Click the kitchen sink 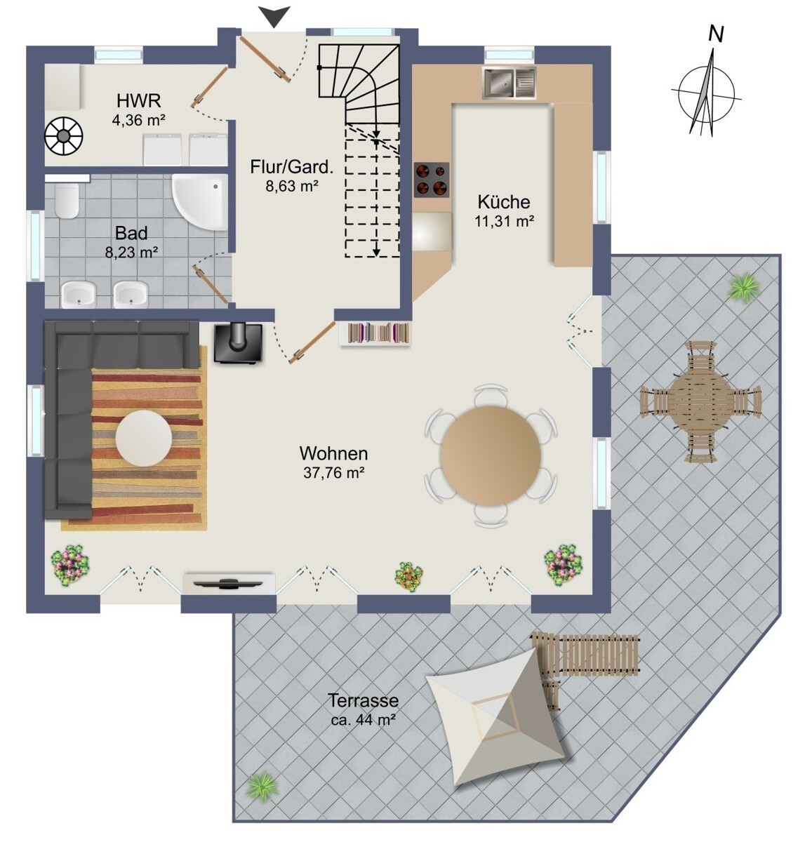[x=509, y=82]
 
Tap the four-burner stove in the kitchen [x=432, y=180]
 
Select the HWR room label [x=138, y=101]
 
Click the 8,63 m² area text [x=292, y=186]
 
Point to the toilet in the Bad [x=67, y=200]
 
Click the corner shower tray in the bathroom [x=201, y=203]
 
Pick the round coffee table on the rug [x=144, y=438]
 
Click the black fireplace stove [x=238, y=343]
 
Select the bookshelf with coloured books [x=374, y=333]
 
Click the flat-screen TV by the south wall [x=229, y=583]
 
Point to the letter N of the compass [x=717, y=34]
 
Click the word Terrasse [x=363, y=700]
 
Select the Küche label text [x=504, y=202]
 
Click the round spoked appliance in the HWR [x=64, y=136]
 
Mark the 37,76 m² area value [x=333, y=473]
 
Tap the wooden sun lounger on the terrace [x=586, y=653]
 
